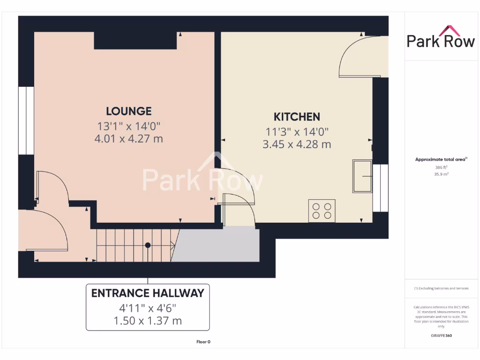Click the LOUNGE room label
click(128, 111)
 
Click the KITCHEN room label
click(297, 117)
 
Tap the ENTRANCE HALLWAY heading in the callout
click(148, 293)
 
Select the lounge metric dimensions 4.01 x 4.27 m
click(128, 139)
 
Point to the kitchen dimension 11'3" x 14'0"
click(297, 132)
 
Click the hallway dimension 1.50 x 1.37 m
click(148, 321)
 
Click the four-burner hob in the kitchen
click(322, 210)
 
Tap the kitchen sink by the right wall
click(362, 176)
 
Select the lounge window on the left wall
click(29, 120)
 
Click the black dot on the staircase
click(148, 245)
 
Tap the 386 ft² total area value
click(441, 167)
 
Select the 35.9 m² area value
click(441, 173)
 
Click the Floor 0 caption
click(203, 342)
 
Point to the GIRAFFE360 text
click(441, 336)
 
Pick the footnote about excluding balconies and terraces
click(441, 288)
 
